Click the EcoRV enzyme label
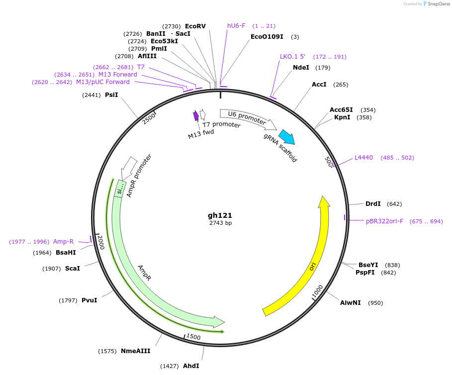[195, 26]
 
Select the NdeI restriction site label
[301, 68]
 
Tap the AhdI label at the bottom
[191, 366]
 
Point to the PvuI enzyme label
[89, 300]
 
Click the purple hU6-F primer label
[236, 26]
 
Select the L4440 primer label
[363, 158]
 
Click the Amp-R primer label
[63, 242]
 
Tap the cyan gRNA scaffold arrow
[286, 137]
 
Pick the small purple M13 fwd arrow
[196, 116]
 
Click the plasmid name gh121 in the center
[220, 215]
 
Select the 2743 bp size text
[220, 223]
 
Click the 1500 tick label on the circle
[193, 337]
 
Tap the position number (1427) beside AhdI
[170, 366]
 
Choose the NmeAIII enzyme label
[135, 351]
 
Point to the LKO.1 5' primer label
[292, 57]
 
